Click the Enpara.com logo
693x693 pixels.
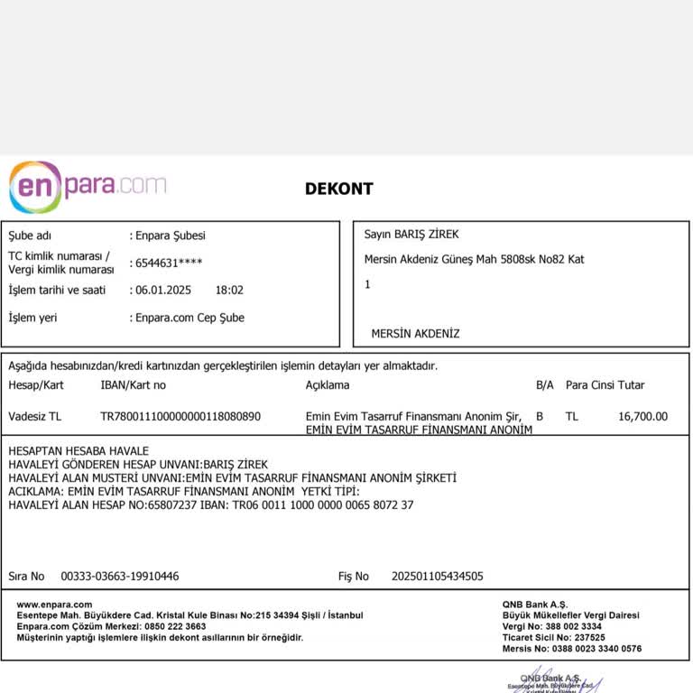(88, 187)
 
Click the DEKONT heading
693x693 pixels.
(338, 189)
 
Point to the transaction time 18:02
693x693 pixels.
(229, 291)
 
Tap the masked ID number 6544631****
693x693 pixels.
(169, 263)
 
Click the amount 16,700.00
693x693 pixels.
(642, 417)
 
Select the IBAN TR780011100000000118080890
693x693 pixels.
(180, 417)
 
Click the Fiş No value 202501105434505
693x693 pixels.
(437, 576)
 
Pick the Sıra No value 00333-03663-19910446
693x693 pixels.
(119, 576)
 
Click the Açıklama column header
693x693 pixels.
(328, 385)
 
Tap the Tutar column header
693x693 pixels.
(632, 385)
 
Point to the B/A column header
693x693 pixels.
(544, 385)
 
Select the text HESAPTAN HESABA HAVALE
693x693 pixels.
(79, 451)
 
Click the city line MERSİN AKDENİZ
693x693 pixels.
(415, 334)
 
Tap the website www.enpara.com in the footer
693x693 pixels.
(54, 605)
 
